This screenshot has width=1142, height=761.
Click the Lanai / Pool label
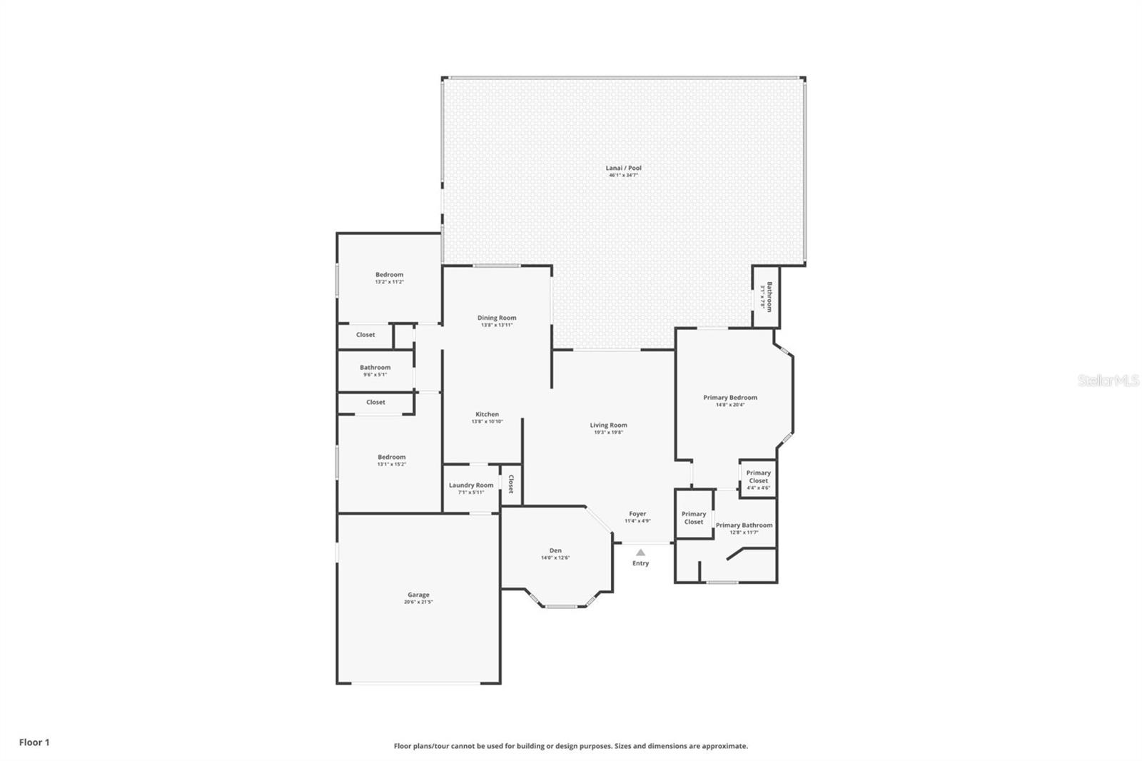click(x=623, y=168)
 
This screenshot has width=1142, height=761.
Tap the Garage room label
click(x=418, y=595)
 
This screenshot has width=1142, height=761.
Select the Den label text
click(x=555, y=550)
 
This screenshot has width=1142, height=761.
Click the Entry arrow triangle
click(x=640, y=552)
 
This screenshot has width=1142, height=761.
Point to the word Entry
click(x=640, y=563)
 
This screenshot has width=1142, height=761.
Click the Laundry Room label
click(x=470, y=485)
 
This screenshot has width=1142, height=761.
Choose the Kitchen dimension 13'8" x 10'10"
click(x=487, y=422)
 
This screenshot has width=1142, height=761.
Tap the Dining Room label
click(x=497, y=318)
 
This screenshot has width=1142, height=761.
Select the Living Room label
click(x=608, y=425)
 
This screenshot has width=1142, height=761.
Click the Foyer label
click(x=637, y=514)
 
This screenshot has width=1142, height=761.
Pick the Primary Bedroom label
click(x=729, y=398)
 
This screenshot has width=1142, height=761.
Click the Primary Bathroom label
click(x=744, y=525)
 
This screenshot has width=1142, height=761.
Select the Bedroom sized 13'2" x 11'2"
click(x=389, y=275)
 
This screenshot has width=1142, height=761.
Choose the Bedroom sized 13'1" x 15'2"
click(x=391, y=458)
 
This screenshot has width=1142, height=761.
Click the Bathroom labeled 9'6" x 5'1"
click(x=375, y=368)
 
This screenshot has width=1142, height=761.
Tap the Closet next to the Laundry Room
click(x=510, y=485)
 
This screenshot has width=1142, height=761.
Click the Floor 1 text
click(x=34, y=742)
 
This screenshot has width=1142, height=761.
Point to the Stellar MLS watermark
click(x=1108, y=380)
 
